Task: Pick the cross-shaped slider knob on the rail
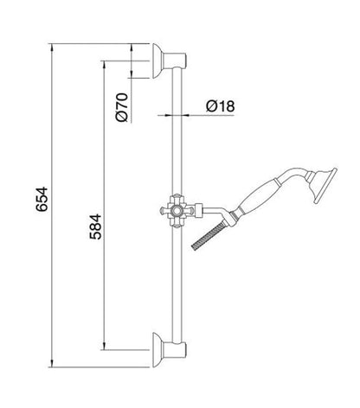tap(176, 210)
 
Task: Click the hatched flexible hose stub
tap(215, 236)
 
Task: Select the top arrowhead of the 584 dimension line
tap(105, 63)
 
